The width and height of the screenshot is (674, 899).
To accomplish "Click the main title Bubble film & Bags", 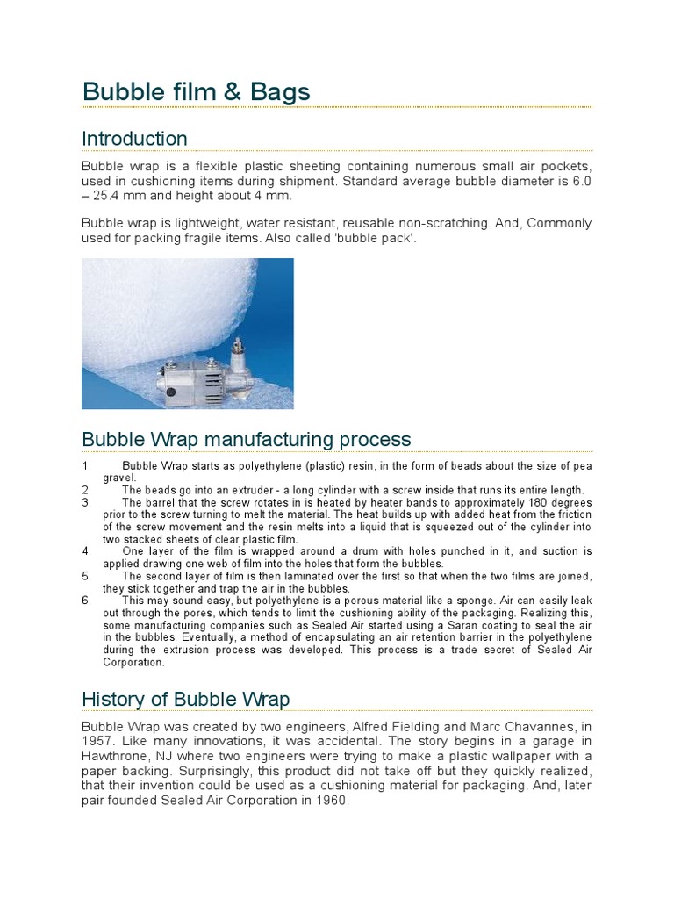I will tap(196, 91).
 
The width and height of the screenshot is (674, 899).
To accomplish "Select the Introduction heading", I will tap(134, 139).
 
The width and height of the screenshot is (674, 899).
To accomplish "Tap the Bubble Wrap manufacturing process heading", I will tap(246, 438).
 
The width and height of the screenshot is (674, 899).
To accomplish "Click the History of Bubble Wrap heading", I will tap(185, 699).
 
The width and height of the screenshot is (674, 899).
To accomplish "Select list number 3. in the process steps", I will tap(86, 503).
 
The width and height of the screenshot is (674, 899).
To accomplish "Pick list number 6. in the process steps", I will tap(86, 601).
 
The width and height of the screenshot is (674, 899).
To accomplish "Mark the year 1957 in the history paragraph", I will tap(97, 741).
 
